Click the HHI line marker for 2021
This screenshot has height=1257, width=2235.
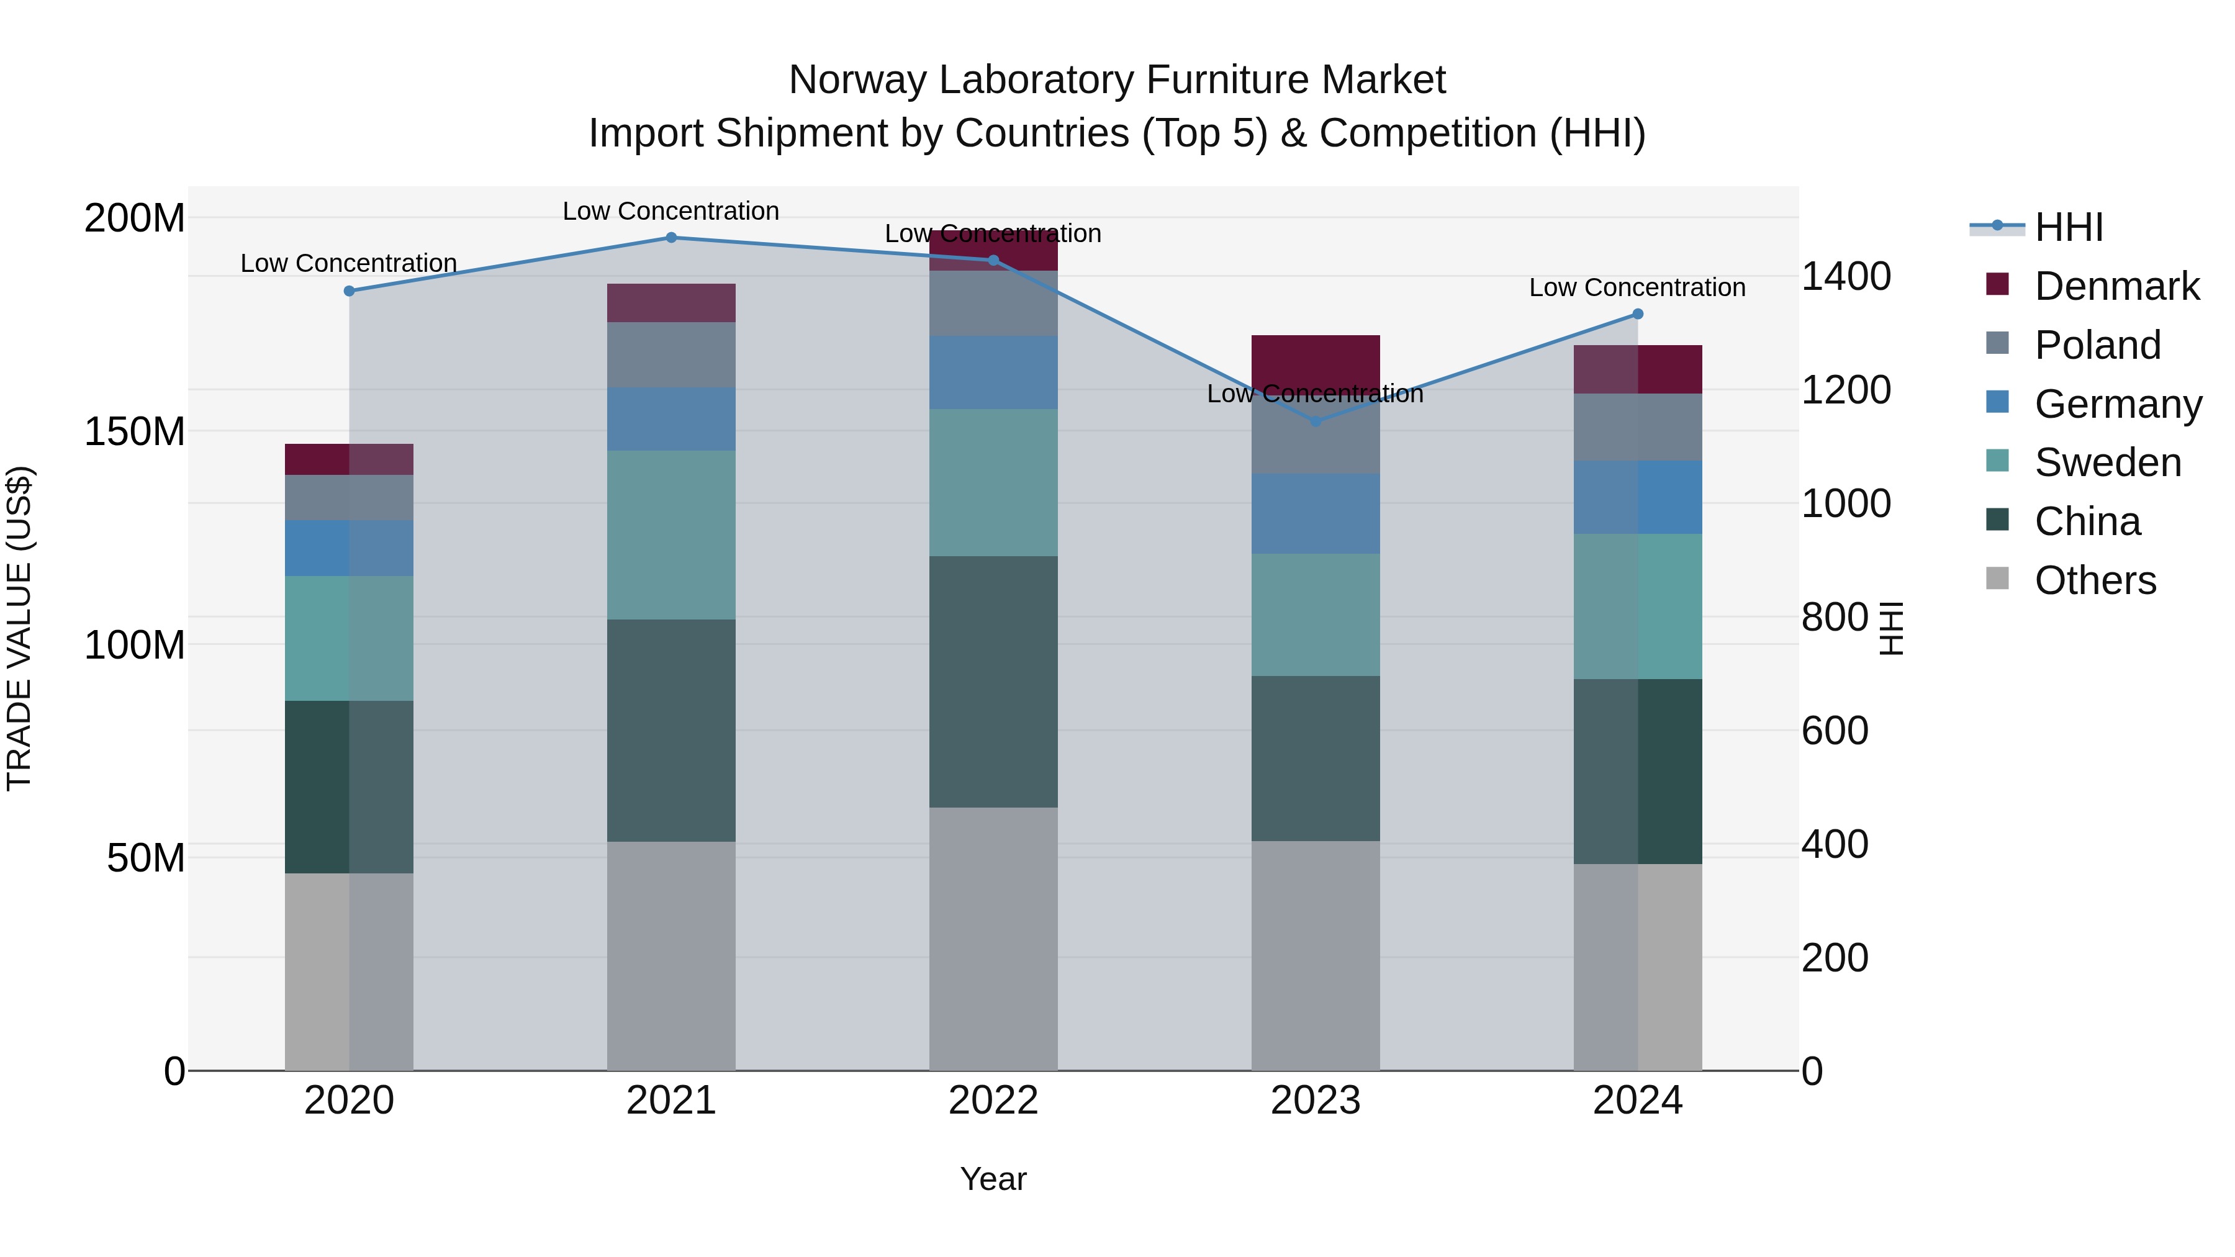pyautogui.click(x=670, y=238)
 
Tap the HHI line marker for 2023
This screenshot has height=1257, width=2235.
pyautogui.click(x=1316, y=421)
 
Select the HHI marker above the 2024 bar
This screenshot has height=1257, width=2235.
pyautogui.click(x=1637, y=314)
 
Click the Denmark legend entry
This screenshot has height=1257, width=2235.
pyautogui.click(x=2116, y=286)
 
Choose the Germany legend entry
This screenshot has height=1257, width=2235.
pyautogui.click(x=2117, y=404)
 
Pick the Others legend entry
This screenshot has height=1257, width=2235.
pyautogui.click(x=2095, y=580)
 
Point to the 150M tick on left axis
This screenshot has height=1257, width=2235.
pyautogui.click(x=135, y=431)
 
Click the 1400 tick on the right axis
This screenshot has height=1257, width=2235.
pyautogui.click(x=1846, y=277)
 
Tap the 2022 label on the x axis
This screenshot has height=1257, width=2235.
pyautogui.click(x=993, y=1101)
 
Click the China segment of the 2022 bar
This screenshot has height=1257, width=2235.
pyautogui.click(x=993, y=682)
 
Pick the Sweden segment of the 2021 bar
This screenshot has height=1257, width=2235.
pyautogui.click(x=670, y=534)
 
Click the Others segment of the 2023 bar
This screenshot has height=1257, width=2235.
pyautogui.click(x=1316, y=954)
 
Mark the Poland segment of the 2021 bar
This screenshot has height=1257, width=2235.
pyautogui.click(x=670, y=355)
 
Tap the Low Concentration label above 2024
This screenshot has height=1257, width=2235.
pyautogui.click(x=1637, y=287)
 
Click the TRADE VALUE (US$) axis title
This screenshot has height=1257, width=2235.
pyautogui.click(x=20, y=628)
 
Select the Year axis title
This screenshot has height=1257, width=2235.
pyautogui.click(x=993, y=1179)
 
